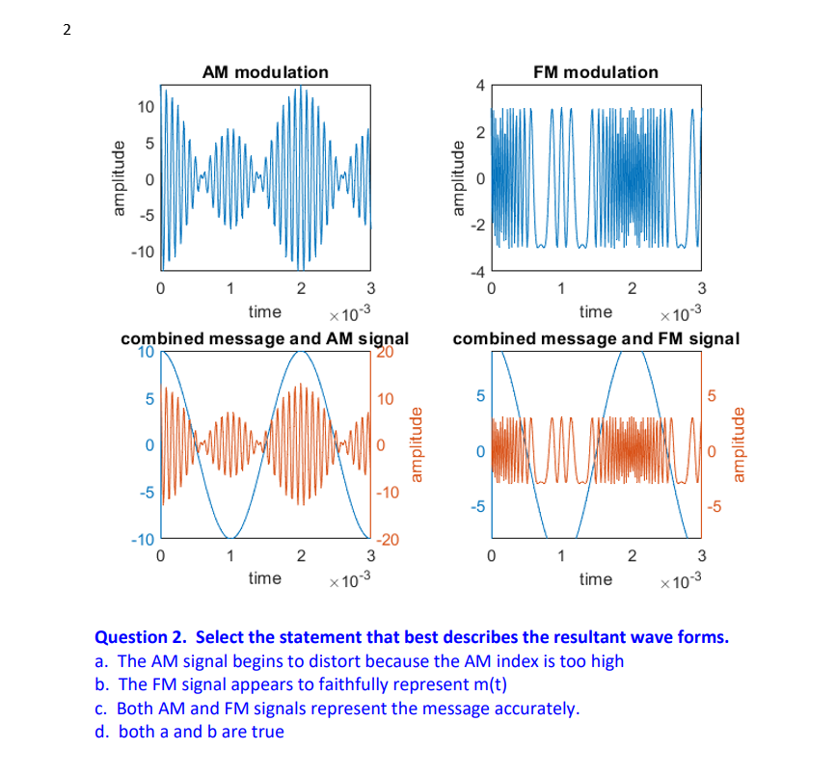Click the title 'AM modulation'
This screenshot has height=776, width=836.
[x=265, y=72]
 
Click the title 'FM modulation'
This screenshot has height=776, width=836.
[x=596, y=72]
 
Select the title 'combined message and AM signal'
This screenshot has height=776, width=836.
[x=264, y=338]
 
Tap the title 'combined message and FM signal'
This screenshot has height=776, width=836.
[x=596, y=338]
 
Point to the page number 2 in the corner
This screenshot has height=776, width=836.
[x=67, y=29]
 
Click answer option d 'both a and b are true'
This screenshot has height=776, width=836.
[x=191, y=732]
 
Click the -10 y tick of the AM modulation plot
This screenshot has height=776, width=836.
[x=143, y=252]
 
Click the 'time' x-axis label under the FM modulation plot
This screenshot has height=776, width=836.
[x=595, y=311]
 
